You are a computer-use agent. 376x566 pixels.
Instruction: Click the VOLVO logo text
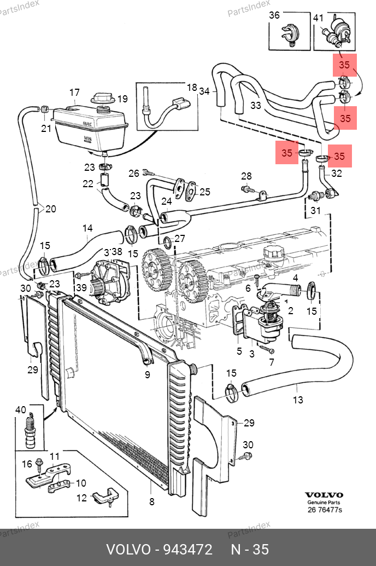pyautogui.click(x=324, y=495)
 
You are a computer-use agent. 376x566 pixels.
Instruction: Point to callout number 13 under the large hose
pyautogui.click(x=298, y=400)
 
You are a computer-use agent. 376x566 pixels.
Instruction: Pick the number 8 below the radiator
pyautogui.click(x=152, y=501)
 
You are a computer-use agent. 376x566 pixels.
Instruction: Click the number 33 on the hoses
pyautogui.click(x=256, y=105)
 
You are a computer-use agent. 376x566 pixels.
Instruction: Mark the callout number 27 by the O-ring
pyautogui.click(x=180, y=239)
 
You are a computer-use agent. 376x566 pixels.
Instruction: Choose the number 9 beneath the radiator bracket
pyautogui.click(x=147, y=375)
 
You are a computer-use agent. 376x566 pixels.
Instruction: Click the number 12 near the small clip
pyautogui.click(x=81, y=498)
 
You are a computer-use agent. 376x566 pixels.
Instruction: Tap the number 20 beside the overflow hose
pyautogui.click(x=50, y=209)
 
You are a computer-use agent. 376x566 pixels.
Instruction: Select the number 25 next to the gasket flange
pyautogui.click(x=204, y=192)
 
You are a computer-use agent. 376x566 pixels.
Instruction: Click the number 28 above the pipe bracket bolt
pyautogui.click(x=246, y=176)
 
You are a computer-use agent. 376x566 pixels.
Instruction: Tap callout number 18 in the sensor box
pyautogui.click(x=192, y=88)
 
